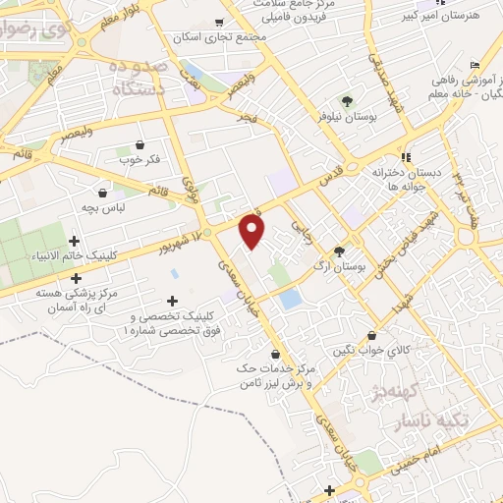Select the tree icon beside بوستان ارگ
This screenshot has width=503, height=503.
(339, 251)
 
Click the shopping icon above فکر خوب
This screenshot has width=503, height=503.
(139, 143)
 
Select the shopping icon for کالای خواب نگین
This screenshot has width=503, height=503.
(370, 335)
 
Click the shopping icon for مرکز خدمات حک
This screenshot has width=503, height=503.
(274, 353)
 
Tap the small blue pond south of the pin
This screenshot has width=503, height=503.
(289, 299)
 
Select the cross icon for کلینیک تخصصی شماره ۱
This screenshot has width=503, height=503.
(173, 301)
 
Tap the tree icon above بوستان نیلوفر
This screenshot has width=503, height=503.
(346, 101)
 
